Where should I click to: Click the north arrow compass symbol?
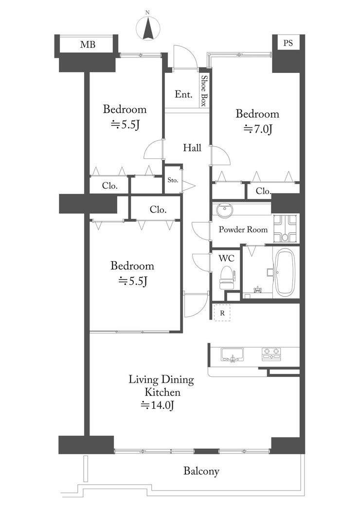(x=148, y=29)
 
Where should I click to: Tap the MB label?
(x=88, y=44)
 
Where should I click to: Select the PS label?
(x=288, y=43)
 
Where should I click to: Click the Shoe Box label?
(x=204, y=91)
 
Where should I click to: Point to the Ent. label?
(x=183, y=94)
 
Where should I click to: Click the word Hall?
(x=192, y=148)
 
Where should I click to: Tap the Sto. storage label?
(x=173, y=180)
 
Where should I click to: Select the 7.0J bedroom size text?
(x=258, y=129)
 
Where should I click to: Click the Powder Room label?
(x=243, y=229)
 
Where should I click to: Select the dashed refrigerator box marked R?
(x=222, y=313)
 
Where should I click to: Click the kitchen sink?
(x=232, y=354)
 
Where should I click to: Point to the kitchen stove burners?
(x=271, y=354)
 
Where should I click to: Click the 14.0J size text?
(x=158, y=405)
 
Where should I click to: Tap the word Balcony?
(x=201, y=471)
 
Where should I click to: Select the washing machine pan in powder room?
(x=285, y=228)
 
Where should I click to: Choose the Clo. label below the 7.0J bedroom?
(x=263, y=191)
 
